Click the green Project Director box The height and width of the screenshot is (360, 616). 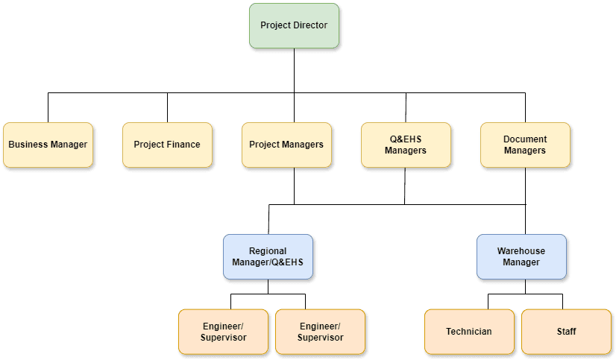[293, 26]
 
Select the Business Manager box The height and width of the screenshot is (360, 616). [48, 145]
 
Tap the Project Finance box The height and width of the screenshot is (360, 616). [167, 145]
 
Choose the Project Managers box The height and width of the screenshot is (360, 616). [286, 145]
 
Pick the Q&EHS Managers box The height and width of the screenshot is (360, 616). [405, 145]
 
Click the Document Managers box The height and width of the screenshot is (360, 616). [525, 145]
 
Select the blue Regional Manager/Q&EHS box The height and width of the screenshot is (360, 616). [268, 256]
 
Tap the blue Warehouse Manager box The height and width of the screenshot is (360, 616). [521, 256]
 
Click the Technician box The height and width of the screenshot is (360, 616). [468, 331]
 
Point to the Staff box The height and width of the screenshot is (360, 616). [566, 331]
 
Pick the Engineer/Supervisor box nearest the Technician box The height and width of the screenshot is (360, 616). [320, 331]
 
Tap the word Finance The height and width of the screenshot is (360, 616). [183, 145]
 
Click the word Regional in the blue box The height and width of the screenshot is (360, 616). [268, 251]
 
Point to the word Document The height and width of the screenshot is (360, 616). [525, 139]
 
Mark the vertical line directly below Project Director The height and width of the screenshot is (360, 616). [294, 71]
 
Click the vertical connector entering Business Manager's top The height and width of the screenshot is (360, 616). [48, 107]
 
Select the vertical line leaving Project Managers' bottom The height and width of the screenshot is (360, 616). [294, 186]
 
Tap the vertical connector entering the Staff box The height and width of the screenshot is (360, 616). [562, 301]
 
